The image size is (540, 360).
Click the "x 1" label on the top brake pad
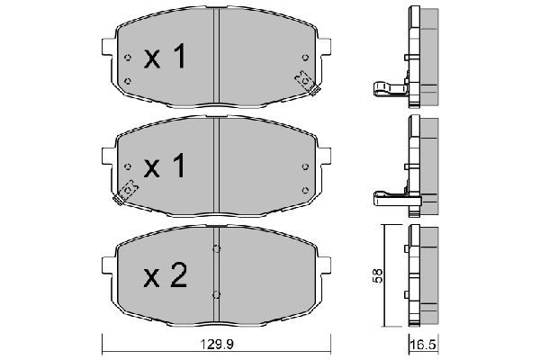[166, 58]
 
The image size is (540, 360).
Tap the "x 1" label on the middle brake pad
[166, 166]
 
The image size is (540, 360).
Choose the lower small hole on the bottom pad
[217, 293]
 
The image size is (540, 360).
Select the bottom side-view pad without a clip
[418, 275]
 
